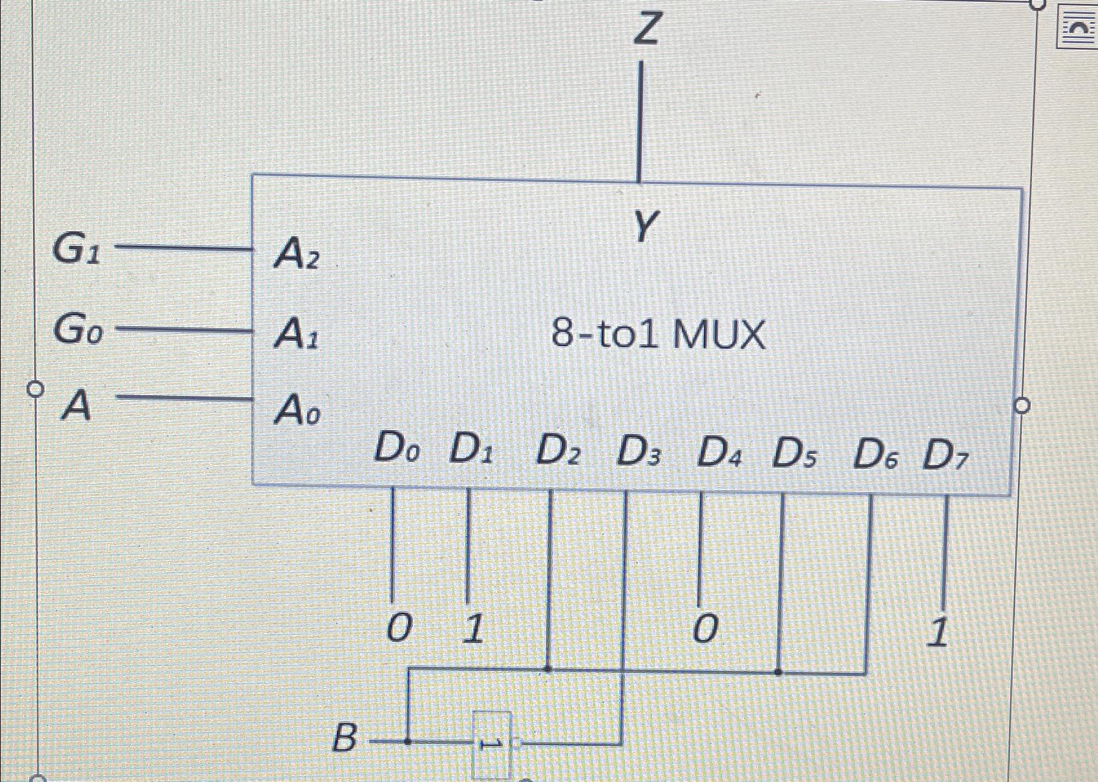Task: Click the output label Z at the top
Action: click(647, 29)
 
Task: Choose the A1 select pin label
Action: click(296, 334)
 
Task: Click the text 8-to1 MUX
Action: click(658, 334)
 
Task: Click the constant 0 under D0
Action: click(399, 627)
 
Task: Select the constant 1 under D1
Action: click(474, 628)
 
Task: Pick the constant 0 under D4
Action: click(705, 628)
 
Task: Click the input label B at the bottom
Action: click(344, 737)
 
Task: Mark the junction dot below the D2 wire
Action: click(549, 669)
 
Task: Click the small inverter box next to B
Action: click(492, 744)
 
